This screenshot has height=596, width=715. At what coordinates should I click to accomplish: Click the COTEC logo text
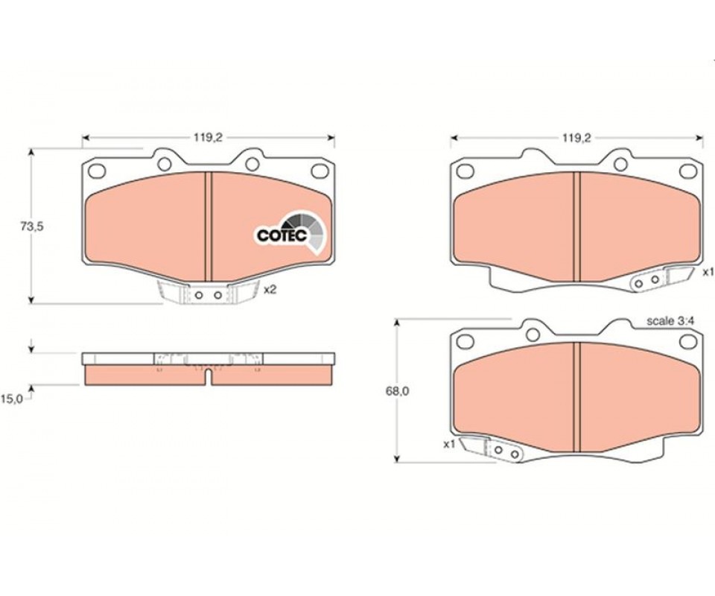282,235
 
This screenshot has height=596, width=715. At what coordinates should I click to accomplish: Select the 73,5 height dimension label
32,226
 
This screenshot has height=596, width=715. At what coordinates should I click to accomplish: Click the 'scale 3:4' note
670,321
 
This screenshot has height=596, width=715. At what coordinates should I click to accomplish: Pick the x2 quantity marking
270,290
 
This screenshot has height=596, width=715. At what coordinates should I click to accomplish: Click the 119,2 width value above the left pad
207,138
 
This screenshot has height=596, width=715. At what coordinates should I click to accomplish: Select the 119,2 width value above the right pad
576,138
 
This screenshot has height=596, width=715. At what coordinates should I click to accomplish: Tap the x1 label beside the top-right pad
708,272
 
